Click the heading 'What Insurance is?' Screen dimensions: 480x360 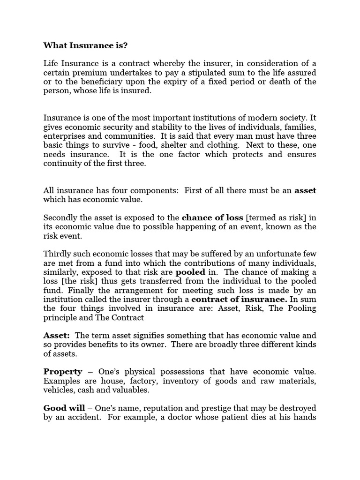(85, 45)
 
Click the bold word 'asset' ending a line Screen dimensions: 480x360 (305, 190)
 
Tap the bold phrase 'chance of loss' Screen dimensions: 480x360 (212, 217)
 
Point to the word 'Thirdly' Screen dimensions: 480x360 (57, 254)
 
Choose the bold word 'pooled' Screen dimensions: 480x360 (190, 272)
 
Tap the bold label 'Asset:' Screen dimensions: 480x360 (57, 336)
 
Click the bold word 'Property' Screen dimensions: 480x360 (63, 372)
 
